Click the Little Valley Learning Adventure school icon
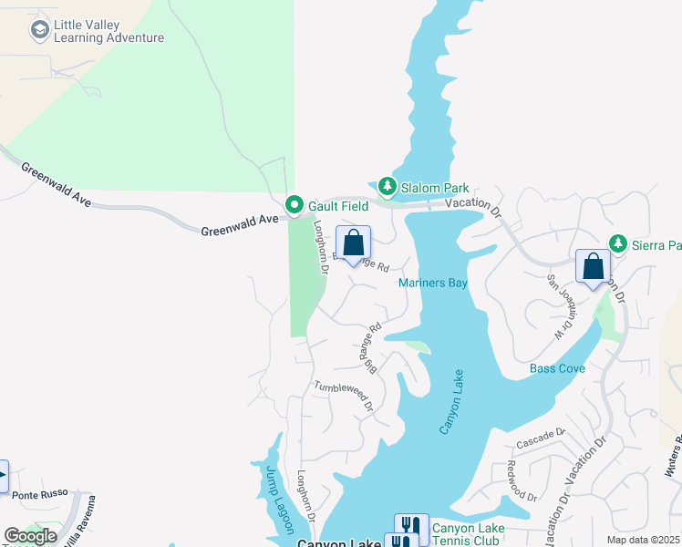39,31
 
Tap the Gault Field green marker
294,204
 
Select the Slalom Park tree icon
387,187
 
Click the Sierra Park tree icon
619,243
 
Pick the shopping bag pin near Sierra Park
593,267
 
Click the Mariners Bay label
433,284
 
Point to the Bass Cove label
557,368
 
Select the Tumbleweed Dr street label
344,396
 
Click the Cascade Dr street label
542,437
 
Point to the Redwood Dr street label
522,480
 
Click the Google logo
30,536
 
